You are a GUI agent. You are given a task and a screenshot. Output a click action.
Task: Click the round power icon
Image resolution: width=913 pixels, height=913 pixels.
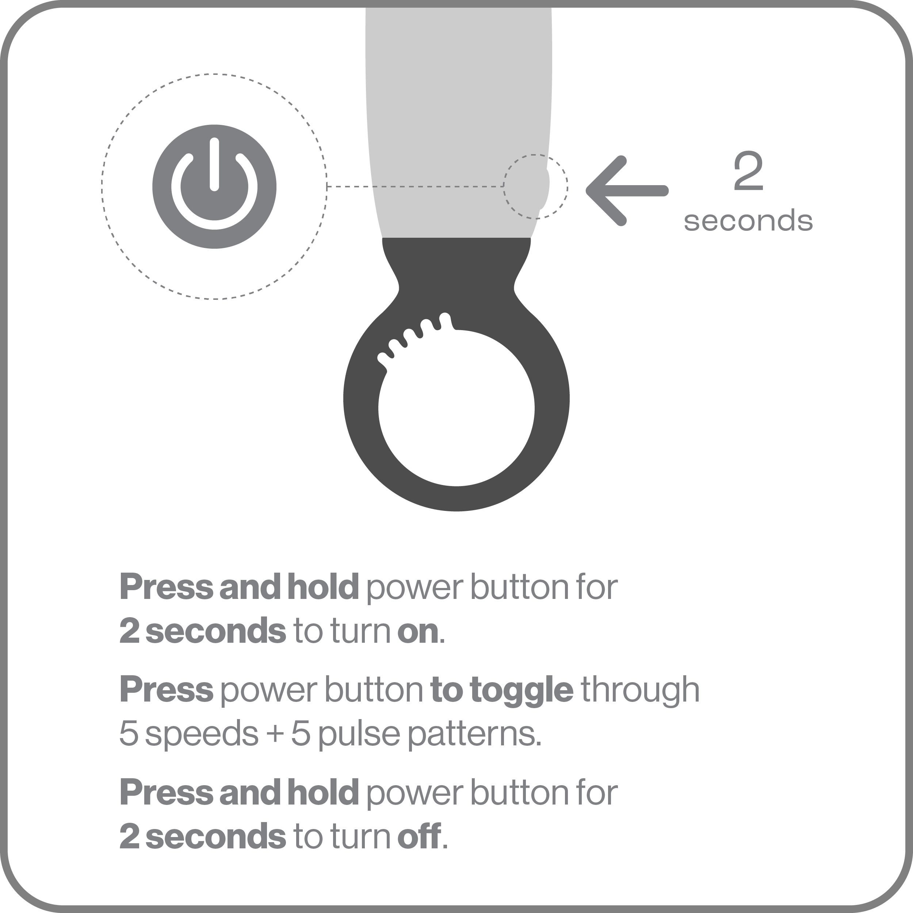click(x=214, y=187)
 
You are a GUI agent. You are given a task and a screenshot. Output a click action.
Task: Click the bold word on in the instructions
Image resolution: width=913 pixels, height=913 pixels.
click(x=418, y=631)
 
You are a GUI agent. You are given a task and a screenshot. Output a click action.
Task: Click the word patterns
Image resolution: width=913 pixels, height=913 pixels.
click(x=474, y=733)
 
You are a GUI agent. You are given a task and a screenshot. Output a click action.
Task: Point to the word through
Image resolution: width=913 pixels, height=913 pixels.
click(x=640, y=691)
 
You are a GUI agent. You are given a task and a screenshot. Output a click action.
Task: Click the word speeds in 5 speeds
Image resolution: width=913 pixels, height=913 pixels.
click(x=202, y=733)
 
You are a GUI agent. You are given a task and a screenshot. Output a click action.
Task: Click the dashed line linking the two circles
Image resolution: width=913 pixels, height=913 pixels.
click(x=415, y=187)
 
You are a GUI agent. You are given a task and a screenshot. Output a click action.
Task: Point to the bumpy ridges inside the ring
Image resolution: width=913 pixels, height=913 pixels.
click(x=413, y=336)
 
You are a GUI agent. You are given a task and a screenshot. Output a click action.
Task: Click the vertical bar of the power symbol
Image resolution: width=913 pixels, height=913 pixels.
click(x=214, y=164)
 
